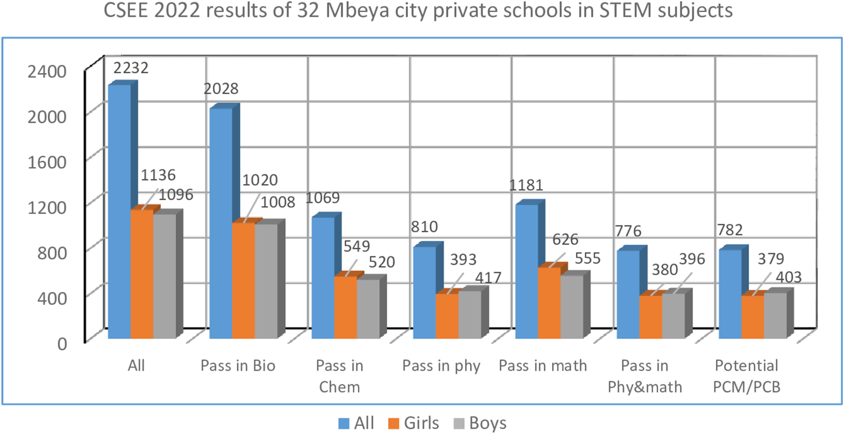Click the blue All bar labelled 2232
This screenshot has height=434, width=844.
pos(119,212)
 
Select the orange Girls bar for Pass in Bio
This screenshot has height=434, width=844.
pos(243,281)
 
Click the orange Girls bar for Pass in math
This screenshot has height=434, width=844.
pos(549,303)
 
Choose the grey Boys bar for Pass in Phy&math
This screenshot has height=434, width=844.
pos(673,316)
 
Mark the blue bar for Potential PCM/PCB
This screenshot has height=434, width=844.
pos(730,294)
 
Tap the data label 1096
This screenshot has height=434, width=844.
pos(176,195)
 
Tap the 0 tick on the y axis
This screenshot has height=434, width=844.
pos(62,343)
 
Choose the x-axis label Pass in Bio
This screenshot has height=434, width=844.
pos(238,366)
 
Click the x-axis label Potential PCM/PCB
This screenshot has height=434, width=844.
pos(746,376)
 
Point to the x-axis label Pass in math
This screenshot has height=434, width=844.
pos(543,366)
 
